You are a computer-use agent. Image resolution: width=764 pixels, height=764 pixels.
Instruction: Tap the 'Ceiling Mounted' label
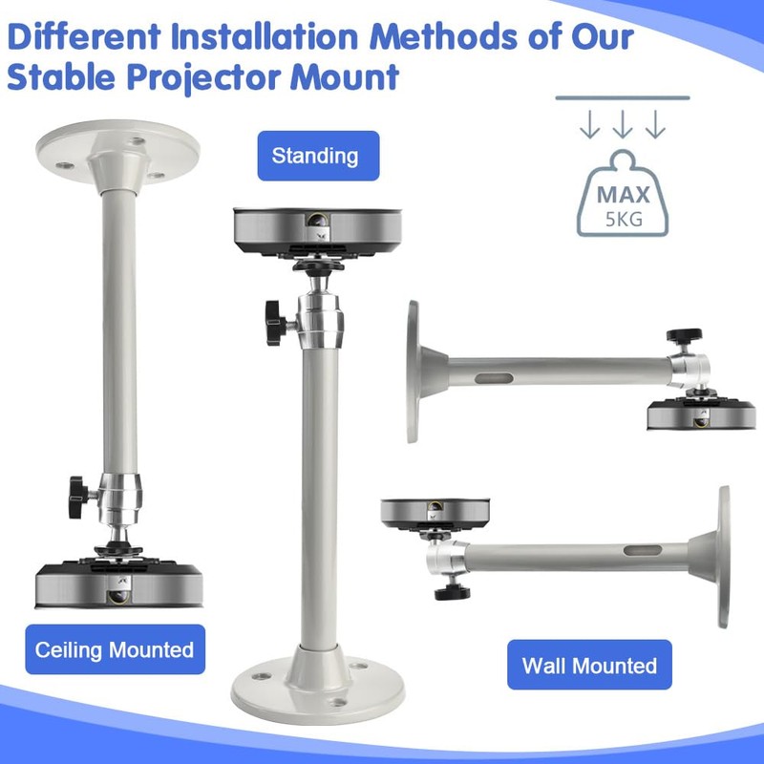tap(115, 650)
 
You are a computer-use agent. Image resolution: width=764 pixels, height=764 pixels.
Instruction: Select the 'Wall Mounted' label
tap(589, 665)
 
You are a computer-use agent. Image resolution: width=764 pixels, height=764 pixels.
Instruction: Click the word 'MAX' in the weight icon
tap(624, 196)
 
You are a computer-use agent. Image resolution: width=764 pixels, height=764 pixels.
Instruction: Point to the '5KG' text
tap(624, 218)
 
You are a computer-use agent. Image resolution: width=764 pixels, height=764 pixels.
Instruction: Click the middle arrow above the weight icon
tap(623, 125)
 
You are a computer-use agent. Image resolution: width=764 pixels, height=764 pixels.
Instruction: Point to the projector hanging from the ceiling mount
tap(118, 585)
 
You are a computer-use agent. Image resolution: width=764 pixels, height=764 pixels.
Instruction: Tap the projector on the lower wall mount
tap(436, 512)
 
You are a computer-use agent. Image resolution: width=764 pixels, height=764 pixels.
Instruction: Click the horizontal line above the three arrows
tap(623, 97)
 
